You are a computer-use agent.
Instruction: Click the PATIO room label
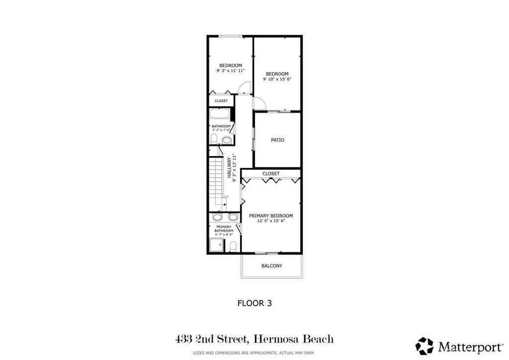(277, 140)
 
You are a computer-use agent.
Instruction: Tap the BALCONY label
(272, 266)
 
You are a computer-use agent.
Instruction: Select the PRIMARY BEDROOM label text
(271, 216)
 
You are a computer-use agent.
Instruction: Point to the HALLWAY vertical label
(230, 168)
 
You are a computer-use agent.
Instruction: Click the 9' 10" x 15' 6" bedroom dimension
(277, 79)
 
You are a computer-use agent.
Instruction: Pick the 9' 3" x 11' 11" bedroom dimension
(231, 71)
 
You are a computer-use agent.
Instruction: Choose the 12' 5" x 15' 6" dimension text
(271, 221)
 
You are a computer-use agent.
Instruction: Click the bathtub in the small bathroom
(219, 114)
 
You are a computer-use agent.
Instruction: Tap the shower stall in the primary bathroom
(216, 245)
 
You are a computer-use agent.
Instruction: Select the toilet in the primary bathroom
(233, 246)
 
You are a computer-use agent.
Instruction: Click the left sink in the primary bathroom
(217, 217)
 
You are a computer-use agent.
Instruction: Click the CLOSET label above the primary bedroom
(271, 174)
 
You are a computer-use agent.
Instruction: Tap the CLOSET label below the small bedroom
(221, 101)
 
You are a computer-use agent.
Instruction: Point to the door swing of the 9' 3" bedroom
(244, 89)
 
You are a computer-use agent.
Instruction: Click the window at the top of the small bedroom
(231, 36)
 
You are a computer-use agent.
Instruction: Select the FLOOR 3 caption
(254, 302)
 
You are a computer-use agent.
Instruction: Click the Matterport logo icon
(424, 346)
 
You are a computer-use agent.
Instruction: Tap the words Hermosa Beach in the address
(293, 340)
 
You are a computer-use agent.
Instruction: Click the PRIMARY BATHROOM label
(224, 229)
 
